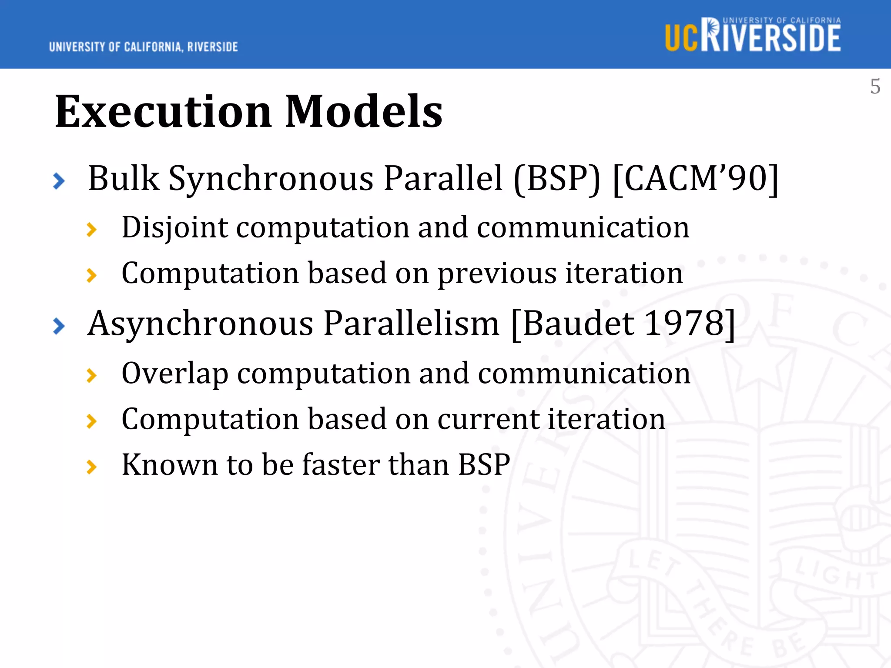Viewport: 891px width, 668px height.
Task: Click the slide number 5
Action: click(x=875, y=87)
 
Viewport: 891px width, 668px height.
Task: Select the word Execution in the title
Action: click(x=163, y=112)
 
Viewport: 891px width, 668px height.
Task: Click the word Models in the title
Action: click(x=364, y=112)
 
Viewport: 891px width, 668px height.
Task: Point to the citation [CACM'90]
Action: click(x=695, y=179)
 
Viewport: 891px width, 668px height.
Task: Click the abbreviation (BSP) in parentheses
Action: click(x=557, y=179)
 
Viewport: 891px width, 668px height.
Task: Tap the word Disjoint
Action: click(x=174, y=227)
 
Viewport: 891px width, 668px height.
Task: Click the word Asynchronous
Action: click(x=200, y=324)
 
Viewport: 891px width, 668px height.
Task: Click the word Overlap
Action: click(x=174, y=374)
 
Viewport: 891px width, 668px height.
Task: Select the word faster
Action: click(x=341, y=464)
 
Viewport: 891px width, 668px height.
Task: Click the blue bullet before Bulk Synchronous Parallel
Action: click(x=59, y=181)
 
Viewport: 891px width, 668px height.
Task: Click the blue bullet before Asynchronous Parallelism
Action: click(x=59, y=326)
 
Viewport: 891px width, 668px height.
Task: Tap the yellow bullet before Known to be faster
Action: click(x=91, y=467)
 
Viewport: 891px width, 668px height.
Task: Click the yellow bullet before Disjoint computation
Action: click(x=91, y=229)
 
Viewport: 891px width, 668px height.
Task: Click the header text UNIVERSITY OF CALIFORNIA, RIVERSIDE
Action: click(x=143, y=47)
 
